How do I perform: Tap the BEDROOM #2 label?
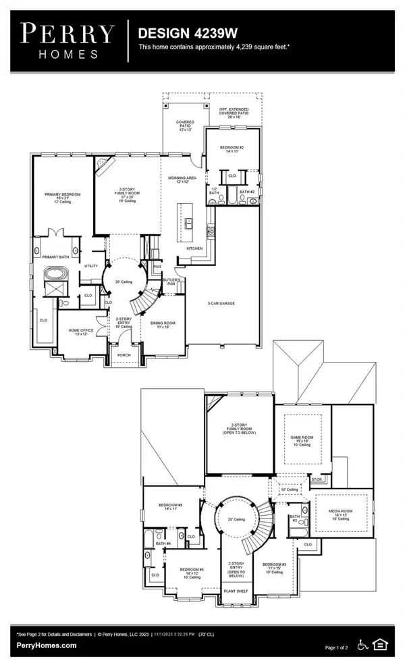click(x=234, y=148)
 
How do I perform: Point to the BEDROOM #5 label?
click(x=170, y=504)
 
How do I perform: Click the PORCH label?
click(x=124, y=354)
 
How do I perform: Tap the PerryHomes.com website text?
click(x=47, y=645)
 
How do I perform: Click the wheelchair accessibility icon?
click(x=362, y=645)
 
